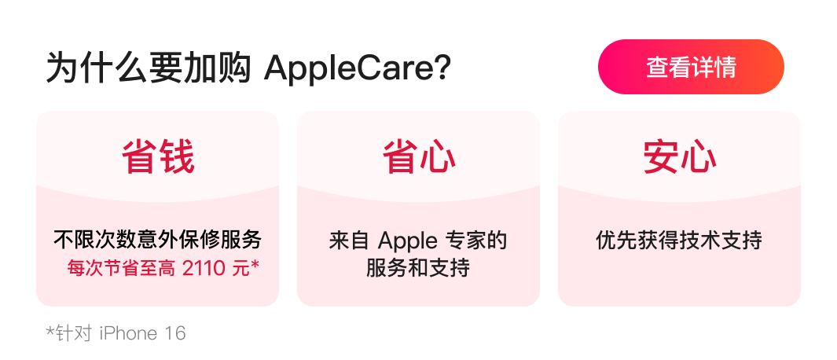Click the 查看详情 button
691,67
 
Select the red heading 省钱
157,157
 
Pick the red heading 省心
418,157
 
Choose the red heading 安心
680,157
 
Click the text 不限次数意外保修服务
157,240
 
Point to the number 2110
204,268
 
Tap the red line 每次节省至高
121,268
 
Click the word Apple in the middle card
407,241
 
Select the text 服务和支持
418,268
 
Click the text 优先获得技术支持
679,241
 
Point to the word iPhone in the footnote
128,333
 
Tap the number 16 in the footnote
174,333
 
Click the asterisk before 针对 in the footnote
51,331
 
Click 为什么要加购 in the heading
148,68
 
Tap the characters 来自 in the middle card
349,241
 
